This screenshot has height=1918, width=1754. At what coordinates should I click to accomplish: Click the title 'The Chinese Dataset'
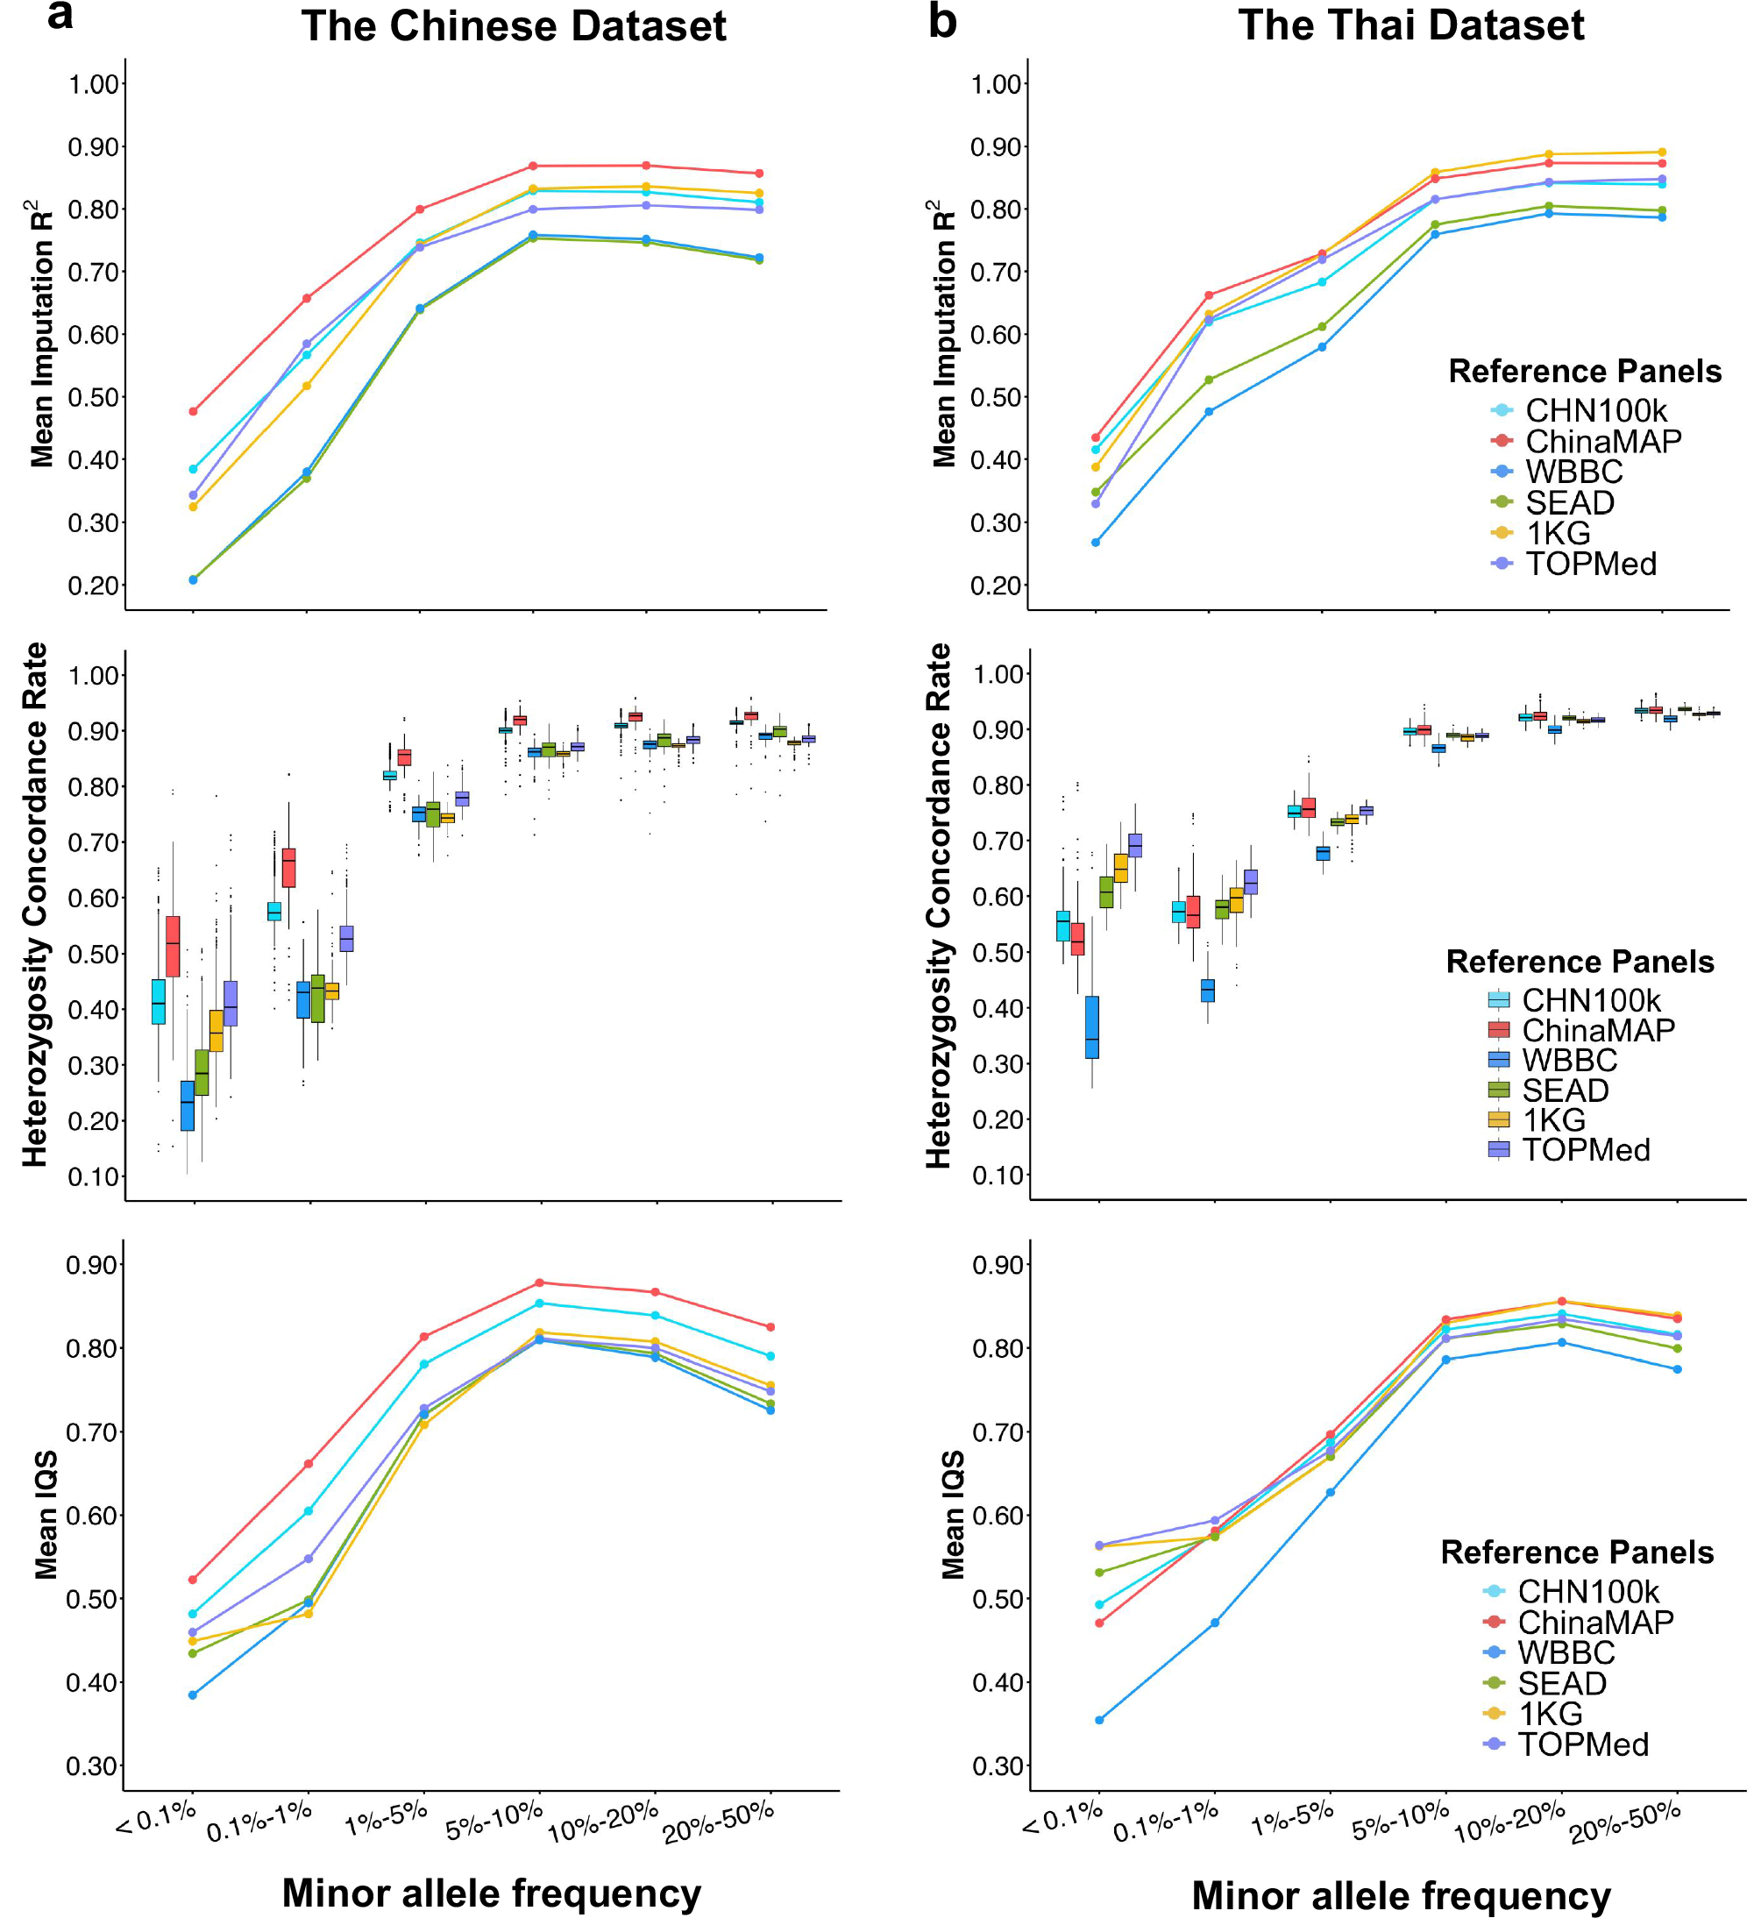513,25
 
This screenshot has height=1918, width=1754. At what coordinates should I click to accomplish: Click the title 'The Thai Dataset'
1410,25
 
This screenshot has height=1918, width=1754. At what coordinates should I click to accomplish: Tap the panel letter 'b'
941,21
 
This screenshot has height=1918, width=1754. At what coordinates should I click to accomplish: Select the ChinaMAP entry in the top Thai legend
1602,442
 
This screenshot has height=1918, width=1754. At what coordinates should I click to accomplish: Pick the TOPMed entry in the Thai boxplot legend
1586,1150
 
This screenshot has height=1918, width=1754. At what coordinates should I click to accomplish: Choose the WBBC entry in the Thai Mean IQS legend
1566,1652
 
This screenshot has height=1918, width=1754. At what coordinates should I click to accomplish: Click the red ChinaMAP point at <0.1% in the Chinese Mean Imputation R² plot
193,412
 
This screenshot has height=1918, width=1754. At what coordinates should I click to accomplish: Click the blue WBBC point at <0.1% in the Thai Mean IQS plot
1099,1720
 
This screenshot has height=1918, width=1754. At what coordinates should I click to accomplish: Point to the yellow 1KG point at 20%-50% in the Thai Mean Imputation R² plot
1662,153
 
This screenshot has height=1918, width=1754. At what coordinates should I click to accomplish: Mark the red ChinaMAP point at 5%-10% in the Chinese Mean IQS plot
539,1282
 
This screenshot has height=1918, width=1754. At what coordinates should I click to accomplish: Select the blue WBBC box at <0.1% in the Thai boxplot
1092,1026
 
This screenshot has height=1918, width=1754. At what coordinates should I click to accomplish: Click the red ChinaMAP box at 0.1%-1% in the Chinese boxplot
289,868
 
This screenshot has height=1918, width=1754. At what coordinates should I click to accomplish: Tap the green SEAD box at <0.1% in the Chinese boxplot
202,1072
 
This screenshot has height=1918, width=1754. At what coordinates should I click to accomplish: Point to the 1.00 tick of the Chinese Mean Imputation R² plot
93,85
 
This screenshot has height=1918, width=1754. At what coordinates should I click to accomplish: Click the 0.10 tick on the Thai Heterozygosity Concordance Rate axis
997,1176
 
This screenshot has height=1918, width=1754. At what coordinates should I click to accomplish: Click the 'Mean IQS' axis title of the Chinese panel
46,1515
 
